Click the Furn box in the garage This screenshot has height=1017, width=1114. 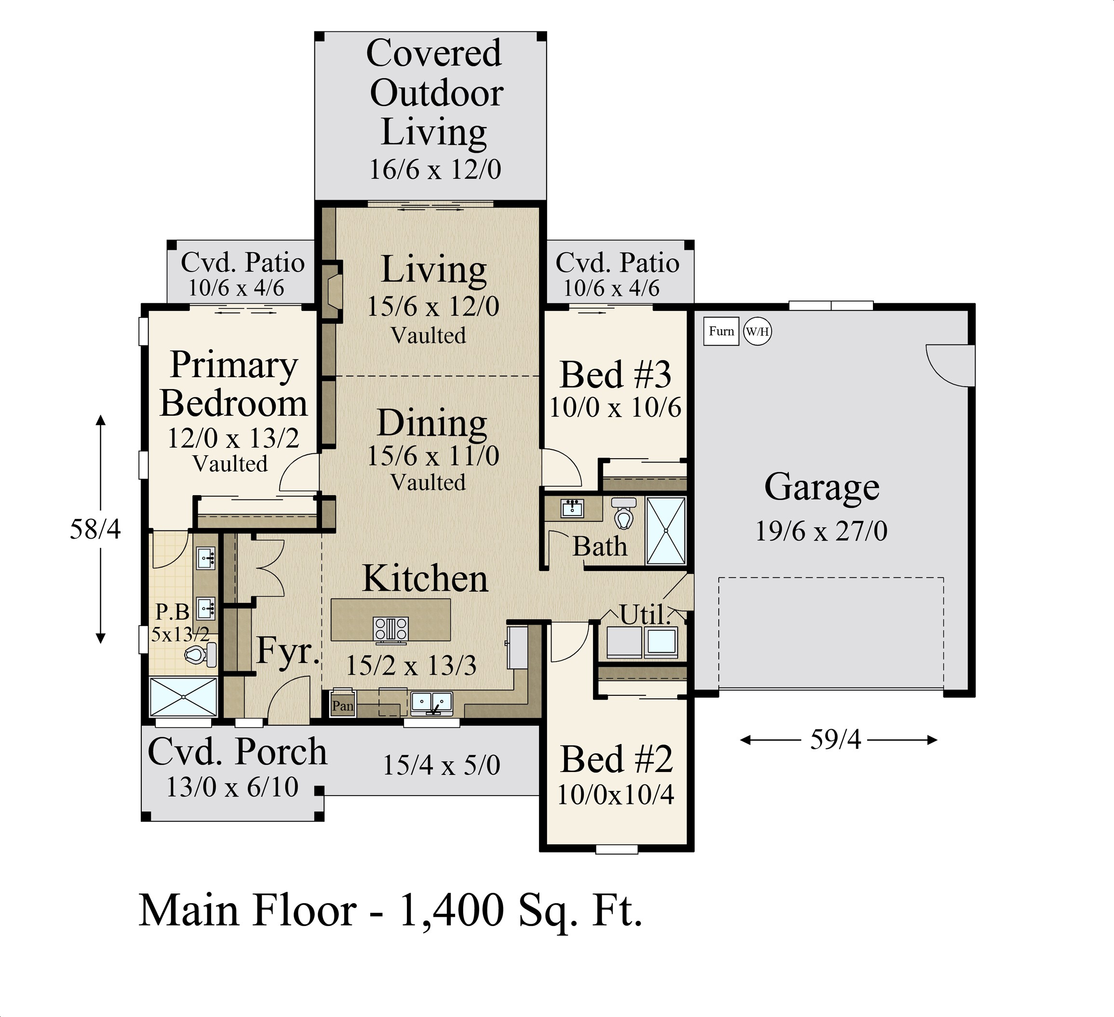point(721,331)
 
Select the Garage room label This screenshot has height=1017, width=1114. point(822,488)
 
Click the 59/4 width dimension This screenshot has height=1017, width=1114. point(835,740)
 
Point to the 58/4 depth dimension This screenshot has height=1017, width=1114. point(95,529)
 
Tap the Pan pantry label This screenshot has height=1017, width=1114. point(343,706)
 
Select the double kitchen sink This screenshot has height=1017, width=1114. point(431,703)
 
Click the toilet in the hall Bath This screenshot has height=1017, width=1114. point(624,514)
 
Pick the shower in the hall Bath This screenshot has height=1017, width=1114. point(666,530)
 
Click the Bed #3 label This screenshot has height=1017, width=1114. point(616,375)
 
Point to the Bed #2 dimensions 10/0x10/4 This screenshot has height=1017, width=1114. point(616,794)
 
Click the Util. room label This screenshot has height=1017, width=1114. point(645,615)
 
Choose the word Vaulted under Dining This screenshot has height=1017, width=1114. point(428,483)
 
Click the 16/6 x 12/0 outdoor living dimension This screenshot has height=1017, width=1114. point(435,169)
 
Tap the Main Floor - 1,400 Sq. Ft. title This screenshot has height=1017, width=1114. point(390,910)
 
